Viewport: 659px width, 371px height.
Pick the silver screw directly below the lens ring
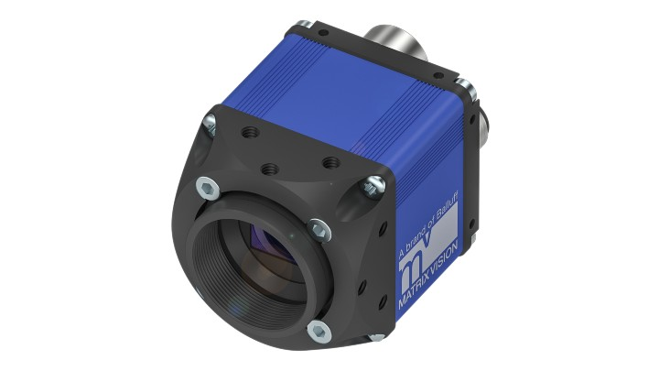click(318, 330)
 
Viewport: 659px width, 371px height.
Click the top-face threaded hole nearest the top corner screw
click(247, 132)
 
